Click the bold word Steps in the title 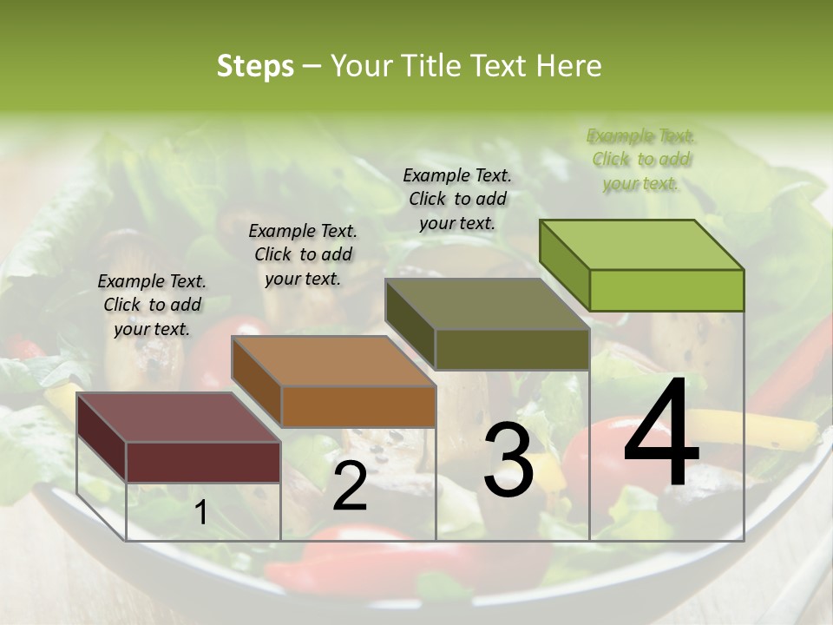coord(255,66)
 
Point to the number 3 coord(508,460)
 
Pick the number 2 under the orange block coord(350,487)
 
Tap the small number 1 coord(200,513)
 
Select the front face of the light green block coord(666,290)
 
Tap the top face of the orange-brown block coord(333,361)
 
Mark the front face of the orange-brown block coord(358,406)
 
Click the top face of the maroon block coord(179,417)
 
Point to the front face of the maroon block coord(203,462)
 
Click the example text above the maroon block coord(152,305)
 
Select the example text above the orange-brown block coord(303,254)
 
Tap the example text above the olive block coord(457,199)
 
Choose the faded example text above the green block coord(640,159)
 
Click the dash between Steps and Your coord(312,67)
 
